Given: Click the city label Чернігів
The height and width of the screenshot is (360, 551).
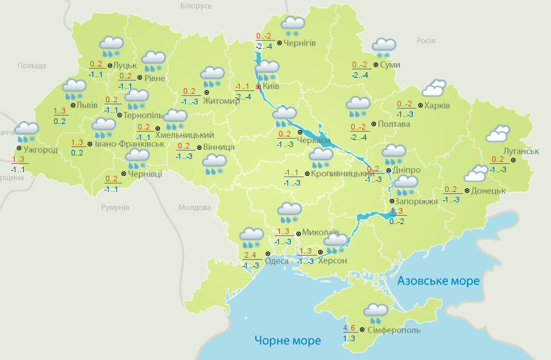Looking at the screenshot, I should (x=300, y=43).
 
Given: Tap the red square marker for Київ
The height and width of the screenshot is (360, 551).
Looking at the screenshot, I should (x=259, y=87).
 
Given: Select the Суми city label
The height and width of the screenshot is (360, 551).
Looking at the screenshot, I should (x=390, y=64).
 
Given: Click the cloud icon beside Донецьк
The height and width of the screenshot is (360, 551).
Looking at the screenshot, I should (x=476, y=173).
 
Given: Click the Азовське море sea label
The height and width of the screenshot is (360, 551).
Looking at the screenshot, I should (x=438, y=281).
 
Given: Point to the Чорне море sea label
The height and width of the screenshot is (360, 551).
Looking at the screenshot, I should (x=287, y=340).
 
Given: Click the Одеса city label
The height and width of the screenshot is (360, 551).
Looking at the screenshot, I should (x=278, y=261).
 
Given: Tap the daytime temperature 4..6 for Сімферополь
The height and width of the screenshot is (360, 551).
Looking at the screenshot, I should (x=349, y=327).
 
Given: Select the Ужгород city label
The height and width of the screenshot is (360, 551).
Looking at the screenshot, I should (x=40, y=150).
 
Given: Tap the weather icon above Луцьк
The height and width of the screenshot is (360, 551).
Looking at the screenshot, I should (x=111, y=46).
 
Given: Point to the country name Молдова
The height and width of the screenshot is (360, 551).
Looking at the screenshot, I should (x=194, y=208).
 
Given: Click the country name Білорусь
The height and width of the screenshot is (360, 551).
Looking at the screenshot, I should (x=196, y=6).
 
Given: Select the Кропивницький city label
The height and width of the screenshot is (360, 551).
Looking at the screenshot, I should (x=340, y=172).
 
